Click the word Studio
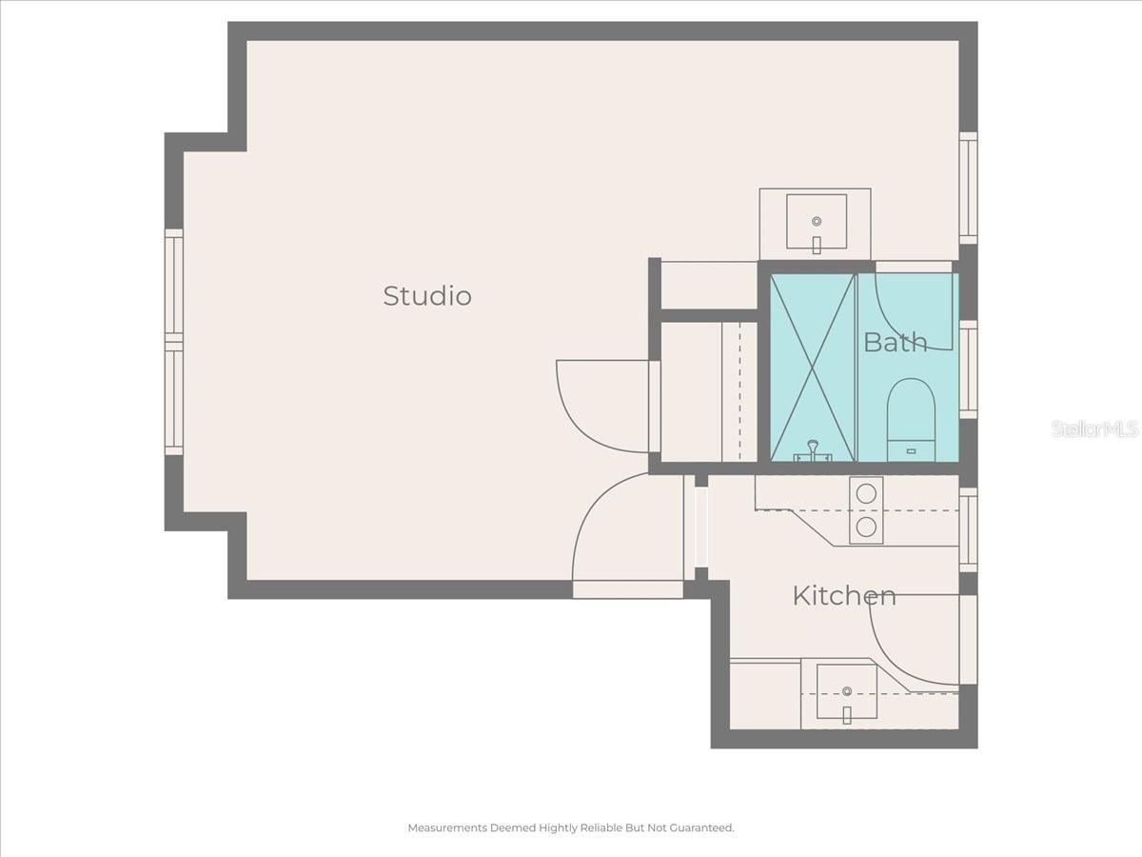(427, 296)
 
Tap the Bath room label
(895, 343)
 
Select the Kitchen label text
(844, 596)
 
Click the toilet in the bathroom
(911, 419)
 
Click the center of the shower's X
(813, 368)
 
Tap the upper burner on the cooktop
(866, 493)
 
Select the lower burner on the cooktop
(866, 527)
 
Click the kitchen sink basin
(846, 691)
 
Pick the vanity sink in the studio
(816, 221)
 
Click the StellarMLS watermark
(1094, 429)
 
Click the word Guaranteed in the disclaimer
(703, 828)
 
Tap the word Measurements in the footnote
(447, 828)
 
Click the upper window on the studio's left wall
(173, 283)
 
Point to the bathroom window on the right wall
(968, 369)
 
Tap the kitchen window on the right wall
(968, 529)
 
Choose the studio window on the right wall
(968, 188)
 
